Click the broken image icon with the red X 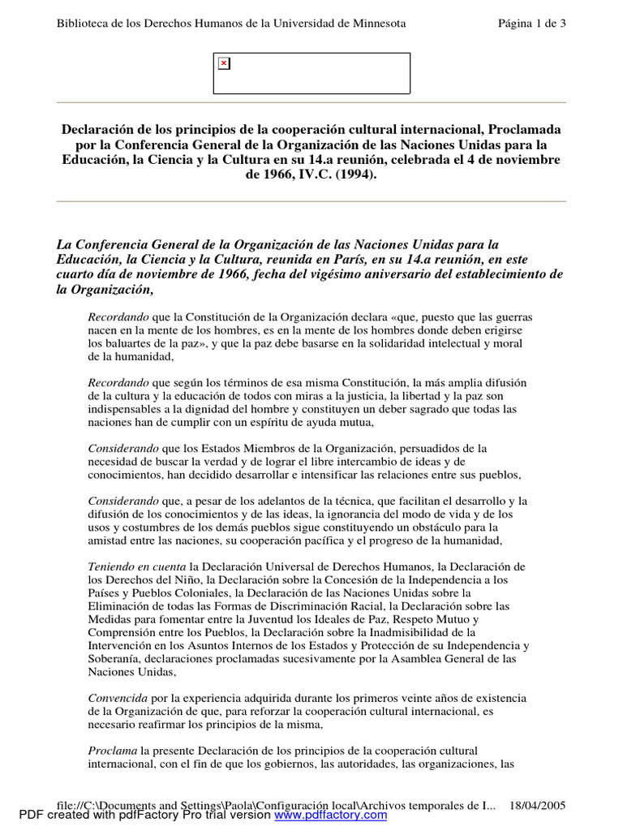tap(224, 63)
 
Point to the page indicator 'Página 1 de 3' tap(532, 24)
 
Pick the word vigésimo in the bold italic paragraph tap(388, 274)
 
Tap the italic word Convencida tap(118, 698)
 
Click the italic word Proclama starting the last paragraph tap(112, 751)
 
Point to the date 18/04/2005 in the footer tap(537, 805)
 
